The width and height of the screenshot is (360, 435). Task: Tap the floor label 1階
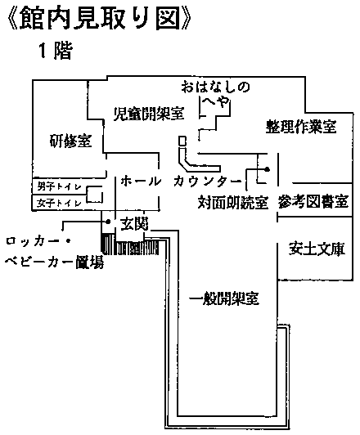56,51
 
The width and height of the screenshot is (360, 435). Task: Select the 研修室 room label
70,141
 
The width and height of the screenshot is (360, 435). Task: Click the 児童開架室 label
149,113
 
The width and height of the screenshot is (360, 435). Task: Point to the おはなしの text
216,87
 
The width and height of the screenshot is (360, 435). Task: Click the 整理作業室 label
301,127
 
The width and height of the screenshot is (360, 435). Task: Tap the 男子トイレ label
60,186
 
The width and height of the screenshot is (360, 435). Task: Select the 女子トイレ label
60,204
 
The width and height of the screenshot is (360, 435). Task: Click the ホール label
141,182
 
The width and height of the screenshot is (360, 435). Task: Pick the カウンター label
207,182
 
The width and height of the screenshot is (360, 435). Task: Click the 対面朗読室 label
233,202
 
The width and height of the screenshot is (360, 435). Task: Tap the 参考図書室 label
313,201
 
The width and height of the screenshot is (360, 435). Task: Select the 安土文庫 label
317,249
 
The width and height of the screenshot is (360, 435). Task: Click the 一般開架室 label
224,298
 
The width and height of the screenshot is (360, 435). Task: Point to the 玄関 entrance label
134,223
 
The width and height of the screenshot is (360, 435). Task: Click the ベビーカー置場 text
54,262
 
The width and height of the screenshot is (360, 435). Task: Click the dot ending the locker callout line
108,222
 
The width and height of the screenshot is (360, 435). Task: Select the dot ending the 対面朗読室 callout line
267,169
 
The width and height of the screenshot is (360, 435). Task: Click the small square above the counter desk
182,141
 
